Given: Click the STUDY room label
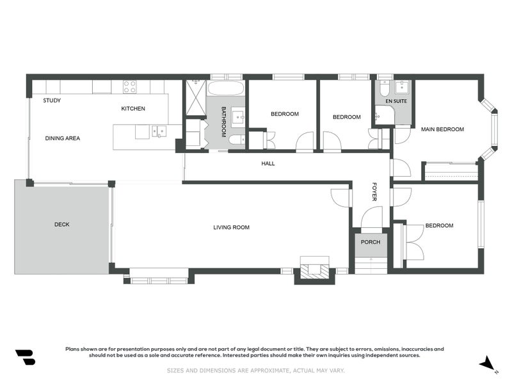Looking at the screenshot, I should pos(52,101).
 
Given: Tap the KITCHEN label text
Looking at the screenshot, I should pos(133,109).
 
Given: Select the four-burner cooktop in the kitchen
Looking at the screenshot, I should pos(130,86).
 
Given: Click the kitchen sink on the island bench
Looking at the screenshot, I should pos(158,131).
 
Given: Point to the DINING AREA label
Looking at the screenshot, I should pos(62,138).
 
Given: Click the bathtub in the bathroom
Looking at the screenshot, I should pos(225,88).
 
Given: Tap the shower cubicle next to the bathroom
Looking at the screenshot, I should pos(195,97).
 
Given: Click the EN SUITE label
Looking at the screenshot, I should pos(396,101).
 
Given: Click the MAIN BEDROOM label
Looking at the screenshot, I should pos(442,129).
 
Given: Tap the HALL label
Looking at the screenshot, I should pos(268,164).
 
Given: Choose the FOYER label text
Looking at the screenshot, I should pos(375,191).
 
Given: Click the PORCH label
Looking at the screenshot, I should pos(371,242).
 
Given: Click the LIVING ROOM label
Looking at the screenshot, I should pos(231,227).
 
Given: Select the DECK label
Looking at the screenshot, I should pos(62,225).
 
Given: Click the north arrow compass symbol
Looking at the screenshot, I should pos(489,364).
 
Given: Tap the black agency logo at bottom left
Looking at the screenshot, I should pos(25,357).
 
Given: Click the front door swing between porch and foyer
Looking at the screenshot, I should pos(371,220).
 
